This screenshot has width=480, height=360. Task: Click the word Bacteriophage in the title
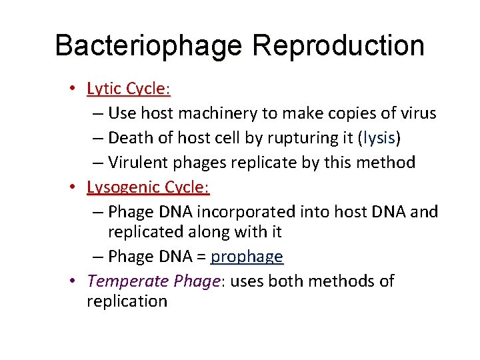148,46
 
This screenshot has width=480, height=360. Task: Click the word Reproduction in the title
338,46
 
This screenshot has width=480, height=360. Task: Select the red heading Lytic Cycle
129,89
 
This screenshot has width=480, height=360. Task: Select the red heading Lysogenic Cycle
148,187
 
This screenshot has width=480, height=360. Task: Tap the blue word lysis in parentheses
379,138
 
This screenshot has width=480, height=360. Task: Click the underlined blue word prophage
247,257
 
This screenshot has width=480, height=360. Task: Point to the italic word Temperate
119,281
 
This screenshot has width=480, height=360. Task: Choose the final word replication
127,301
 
